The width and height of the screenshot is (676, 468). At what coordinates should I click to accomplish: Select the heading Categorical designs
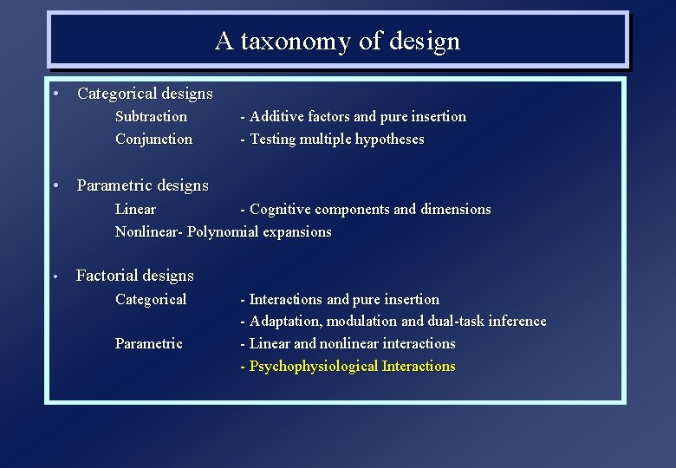[145, 93]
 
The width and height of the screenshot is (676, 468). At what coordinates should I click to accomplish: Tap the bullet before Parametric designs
[55, 185]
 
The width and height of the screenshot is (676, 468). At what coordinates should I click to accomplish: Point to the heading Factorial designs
[135, 276]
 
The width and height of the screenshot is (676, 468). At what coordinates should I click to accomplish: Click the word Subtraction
[152, 116]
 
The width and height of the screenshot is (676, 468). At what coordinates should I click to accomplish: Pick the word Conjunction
[154, 139]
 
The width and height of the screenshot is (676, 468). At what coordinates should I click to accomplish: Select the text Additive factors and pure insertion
[358, 116]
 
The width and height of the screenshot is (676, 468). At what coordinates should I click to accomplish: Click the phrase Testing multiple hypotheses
[337, 139]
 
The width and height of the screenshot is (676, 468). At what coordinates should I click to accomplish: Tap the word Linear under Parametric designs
[136, 209]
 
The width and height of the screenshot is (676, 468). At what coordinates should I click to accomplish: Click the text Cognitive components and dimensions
[370, 209]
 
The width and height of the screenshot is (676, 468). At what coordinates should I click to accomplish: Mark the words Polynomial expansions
[259, 231]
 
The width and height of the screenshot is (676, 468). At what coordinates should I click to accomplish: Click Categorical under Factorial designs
[151, 299]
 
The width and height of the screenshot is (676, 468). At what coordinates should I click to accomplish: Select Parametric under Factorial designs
[149, 343]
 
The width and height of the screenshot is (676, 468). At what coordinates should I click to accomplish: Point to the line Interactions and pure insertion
[344, 299]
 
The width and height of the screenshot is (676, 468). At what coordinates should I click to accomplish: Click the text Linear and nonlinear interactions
[352, 343]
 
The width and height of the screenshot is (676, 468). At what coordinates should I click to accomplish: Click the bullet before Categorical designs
[55, 93]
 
